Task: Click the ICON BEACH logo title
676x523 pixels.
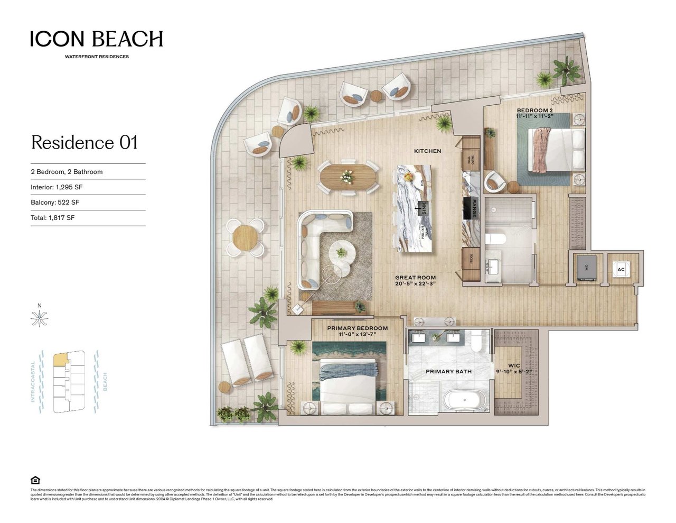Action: [97, 39]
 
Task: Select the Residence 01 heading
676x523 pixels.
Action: [84, 142]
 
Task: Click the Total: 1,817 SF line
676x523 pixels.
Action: [52, 218]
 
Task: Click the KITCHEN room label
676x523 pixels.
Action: [427, 151]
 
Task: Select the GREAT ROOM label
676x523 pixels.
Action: [416, 278]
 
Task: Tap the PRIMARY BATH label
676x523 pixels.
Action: [448, 371]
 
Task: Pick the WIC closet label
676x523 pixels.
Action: [514, 365]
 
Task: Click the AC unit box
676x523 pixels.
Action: [621, 270]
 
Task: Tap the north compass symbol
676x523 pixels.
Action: [39, 318]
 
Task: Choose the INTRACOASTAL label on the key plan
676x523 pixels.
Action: [33, 381]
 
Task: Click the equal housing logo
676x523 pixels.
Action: [35, 480]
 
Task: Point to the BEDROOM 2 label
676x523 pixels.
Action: [534, 111]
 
